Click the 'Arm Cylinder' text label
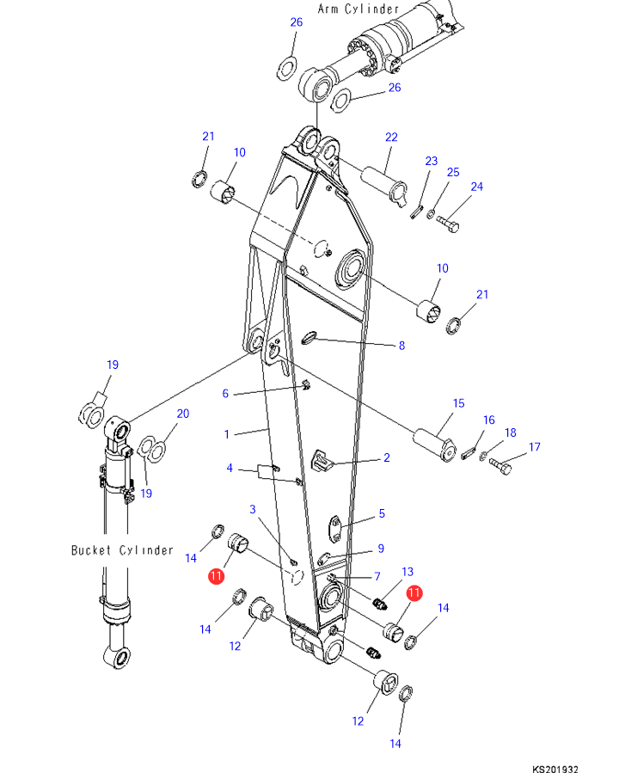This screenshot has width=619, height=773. click(x=358, y=9)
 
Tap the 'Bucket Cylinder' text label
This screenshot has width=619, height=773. click(x=122, y=549)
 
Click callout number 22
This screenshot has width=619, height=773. click(x=391, y=138)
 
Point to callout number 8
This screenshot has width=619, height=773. click(x=401, y=346)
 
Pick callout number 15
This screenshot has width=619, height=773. click(x=458, y=402)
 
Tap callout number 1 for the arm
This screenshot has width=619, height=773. click(x=227, y=434)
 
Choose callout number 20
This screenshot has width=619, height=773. click(x=182, y=414)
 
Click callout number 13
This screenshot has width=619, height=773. click(x=408, y=571)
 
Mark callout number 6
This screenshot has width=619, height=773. click(x=226, y=393)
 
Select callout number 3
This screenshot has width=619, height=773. click(x=253, y=510)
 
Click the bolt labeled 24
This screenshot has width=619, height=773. click(x=448, y=224)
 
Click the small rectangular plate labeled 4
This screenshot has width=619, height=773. click(x=265, y=469)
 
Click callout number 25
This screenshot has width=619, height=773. click(x=453, y=173)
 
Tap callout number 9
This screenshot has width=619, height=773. click(x=381, y=549)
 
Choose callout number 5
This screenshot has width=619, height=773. click(x=382, y=514)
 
